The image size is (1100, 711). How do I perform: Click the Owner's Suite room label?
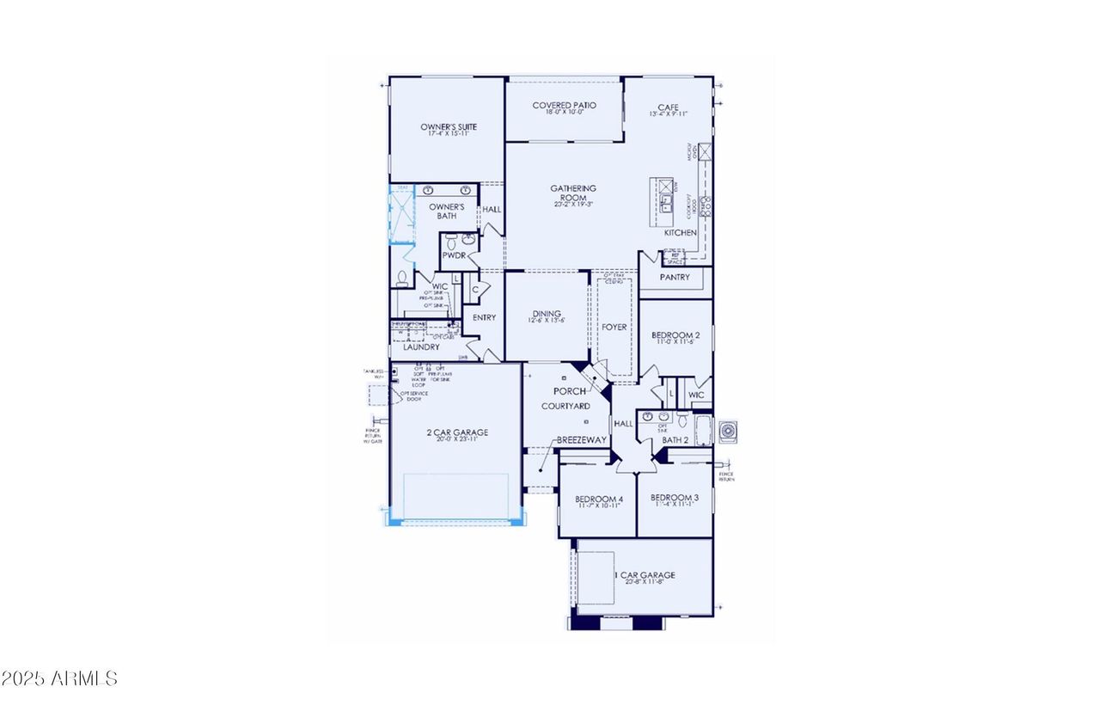pyautogui.click(x=449, y=127)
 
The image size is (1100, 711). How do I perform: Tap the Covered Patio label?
pyautogui.click(x=564, y=106)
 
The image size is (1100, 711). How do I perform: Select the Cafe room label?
pyautogui.click(x=669, y=107)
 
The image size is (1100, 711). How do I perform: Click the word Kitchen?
pyautogui.click(x=680, y=233)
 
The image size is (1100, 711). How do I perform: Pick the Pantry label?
pyautogui.click(x=675, y=278)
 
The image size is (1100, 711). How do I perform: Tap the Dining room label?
pyautogui.click(x=546, y=315)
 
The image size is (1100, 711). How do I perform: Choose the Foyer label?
pyautogui.click(x=614, y=328)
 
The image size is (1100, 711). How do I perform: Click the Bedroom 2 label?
pyautogui.click(x=675, y=335)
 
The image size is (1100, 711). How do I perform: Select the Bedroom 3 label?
pyautogui.click(x=675, y=499)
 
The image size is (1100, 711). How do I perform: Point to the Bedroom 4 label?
pyautogui.click(x=598, y=500)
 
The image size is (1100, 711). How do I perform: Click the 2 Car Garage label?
pyautogui.click(x=458, y=432)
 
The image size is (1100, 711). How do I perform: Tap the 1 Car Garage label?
pyautogui.click(x=644, y=576)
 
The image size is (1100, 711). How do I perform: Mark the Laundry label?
pyautogui.click(x=421, y=347)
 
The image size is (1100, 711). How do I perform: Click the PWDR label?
pyautogui.click(x=453, y=256)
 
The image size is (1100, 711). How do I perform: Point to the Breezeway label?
pyautogui.click(x=582, y=439)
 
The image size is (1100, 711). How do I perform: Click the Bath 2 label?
pyautogui.click(x=675, y=441)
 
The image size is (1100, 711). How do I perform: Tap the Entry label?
pyautogui.click(x=484, y=318)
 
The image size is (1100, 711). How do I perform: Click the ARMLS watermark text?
pyautogui.click(x=59, y=679)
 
